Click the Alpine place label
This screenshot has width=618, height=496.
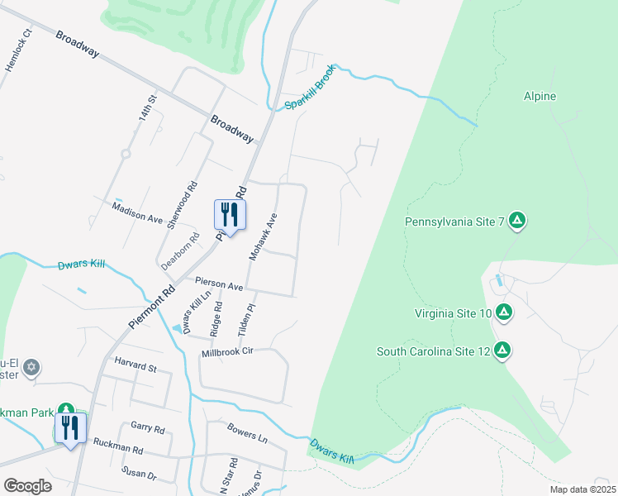pos(540,97)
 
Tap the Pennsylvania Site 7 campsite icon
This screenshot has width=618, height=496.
pos(517,220)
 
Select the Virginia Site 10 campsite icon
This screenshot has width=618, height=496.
pos(504,312)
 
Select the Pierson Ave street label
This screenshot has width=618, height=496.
pos(219,284)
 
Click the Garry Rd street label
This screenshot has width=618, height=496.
pos(148,427)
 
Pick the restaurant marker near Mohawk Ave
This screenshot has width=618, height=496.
pos(230,215)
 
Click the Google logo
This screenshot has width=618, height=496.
pos(28,486)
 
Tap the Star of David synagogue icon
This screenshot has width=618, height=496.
pos(31,366)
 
